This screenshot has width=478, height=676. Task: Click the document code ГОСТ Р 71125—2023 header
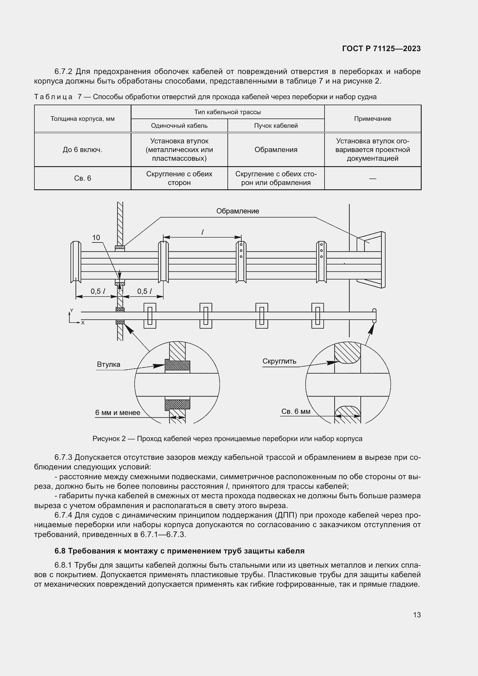click(381, 49)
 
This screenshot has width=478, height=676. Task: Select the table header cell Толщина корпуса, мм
click(82, 119)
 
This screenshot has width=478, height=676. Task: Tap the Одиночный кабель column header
click(179, 126)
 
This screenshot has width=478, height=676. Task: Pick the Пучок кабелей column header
click(276, 126)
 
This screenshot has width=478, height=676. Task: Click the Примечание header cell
click(372, 119)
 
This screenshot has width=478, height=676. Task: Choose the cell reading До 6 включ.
click(82, 150)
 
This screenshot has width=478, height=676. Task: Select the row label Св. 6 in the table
click(82, 178)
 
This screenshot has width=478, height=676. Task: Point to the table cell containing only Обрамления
click(276, 150)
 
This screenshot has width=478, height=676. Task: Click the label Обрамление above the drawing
click(238, 211)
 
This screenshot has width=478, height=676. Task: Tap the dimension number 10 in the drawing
click(96, 238)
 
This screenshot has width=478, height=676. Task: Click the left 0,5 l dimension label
click(98, 292)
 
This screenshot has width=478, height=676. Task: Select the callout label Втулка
click(109, 364)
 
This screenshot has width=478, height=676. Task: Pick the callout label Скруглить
click(279, 361)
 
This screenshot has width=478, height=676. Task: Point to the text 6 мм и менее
click(117, 413)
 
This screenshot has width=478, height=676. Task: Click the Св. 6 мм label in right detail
click(296, 412)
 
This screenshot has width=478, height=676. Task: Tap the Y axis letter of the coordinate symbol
click(71, 311)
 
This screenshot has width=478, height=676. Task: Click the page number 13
click(417, 615)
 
